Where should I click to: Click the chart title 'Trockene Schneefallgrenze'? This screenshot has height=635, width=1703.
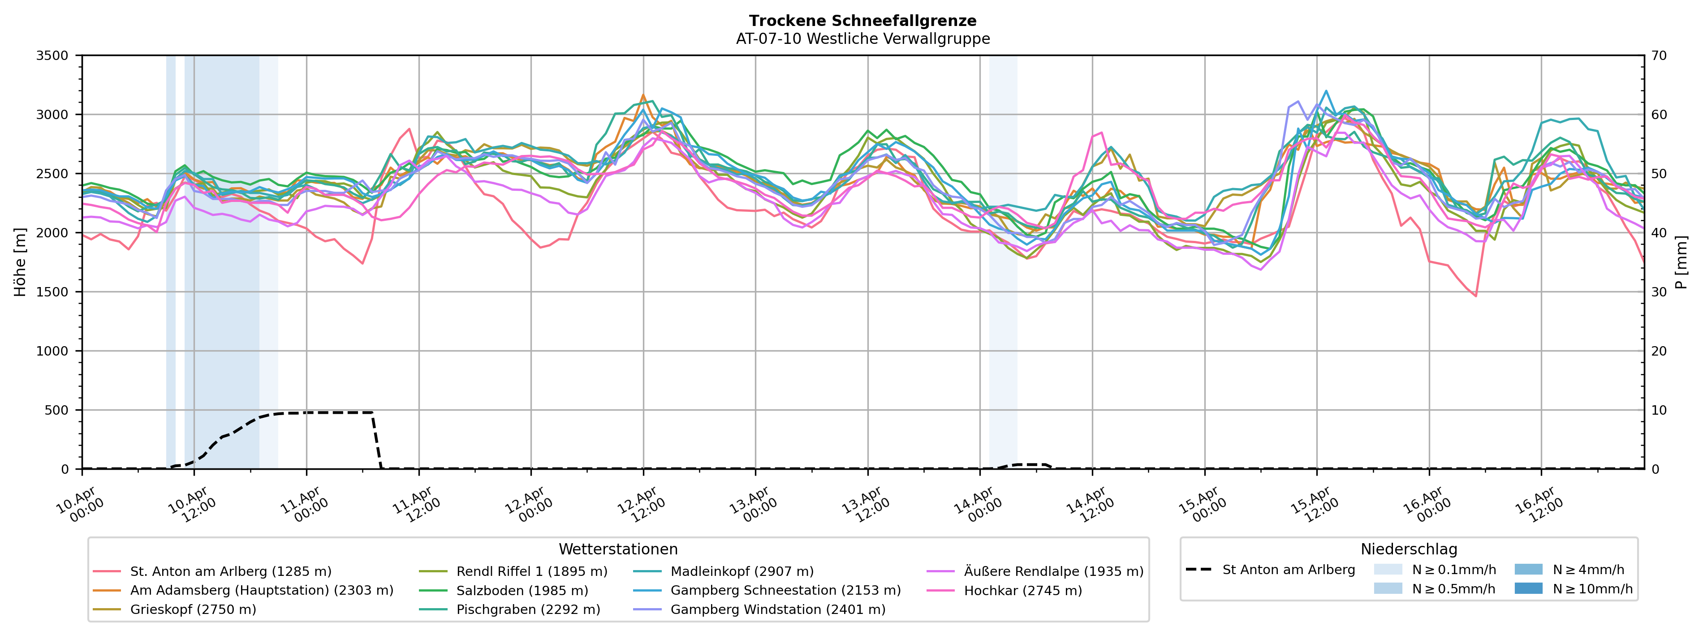pos(863,21)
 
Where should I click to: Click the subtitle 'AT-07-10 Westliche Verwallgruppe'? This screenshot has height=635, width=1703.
pos(863,39)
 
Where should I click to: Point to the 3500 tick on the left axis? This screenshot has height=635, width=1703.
pos(52,56)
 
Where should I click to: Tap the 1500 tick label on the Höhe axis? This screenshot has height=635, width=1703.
pos(52,292)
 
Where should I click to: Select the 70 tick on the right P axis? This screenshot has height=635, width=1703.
pos(1660,56)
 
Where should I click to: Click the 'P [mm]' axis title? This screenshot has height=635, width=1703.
pos(1682,262)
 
